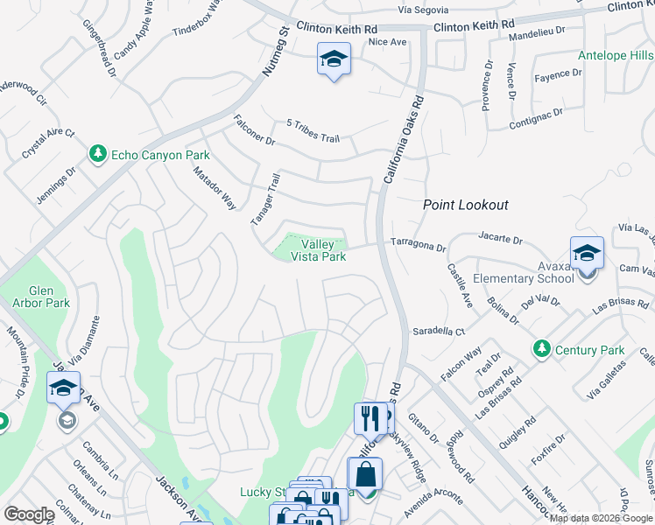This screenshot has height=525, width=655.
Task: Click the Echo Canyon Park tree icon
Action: (x=97, y=155)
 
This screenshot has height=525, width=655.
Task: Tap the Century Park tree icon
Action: (x=542, y=350)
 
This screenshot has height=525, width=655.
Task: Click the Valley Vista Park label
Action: (x=323, y=250)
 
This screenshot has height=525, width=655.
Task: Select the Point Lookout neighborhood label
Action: (x=466, y=205)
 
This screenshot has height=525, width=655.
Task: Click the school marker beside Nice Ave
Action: (x=333, y=60)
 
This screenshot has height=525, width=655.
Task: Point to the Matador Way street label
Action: (x=215, y=188)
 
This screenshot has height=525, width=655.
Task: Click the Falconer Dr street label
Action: (x=255, y=131)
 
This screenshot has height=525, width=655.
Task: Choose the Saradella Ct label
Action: (x=439, y=332)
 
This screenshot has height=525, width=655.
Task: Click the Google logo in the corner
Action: (x=29, y=514)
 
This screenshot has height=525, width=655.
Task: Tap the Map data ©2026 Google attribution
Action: (x=601, y=518)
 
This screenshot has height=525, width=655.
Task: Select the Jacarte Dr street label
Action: (x=500, y=238)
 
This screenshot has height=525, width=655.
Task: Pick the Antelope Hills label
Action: (x=616, y=56)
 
